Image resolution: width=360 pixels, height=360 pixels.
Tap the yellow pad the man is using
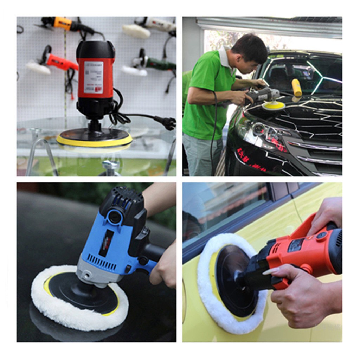[x=274, y=105]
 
